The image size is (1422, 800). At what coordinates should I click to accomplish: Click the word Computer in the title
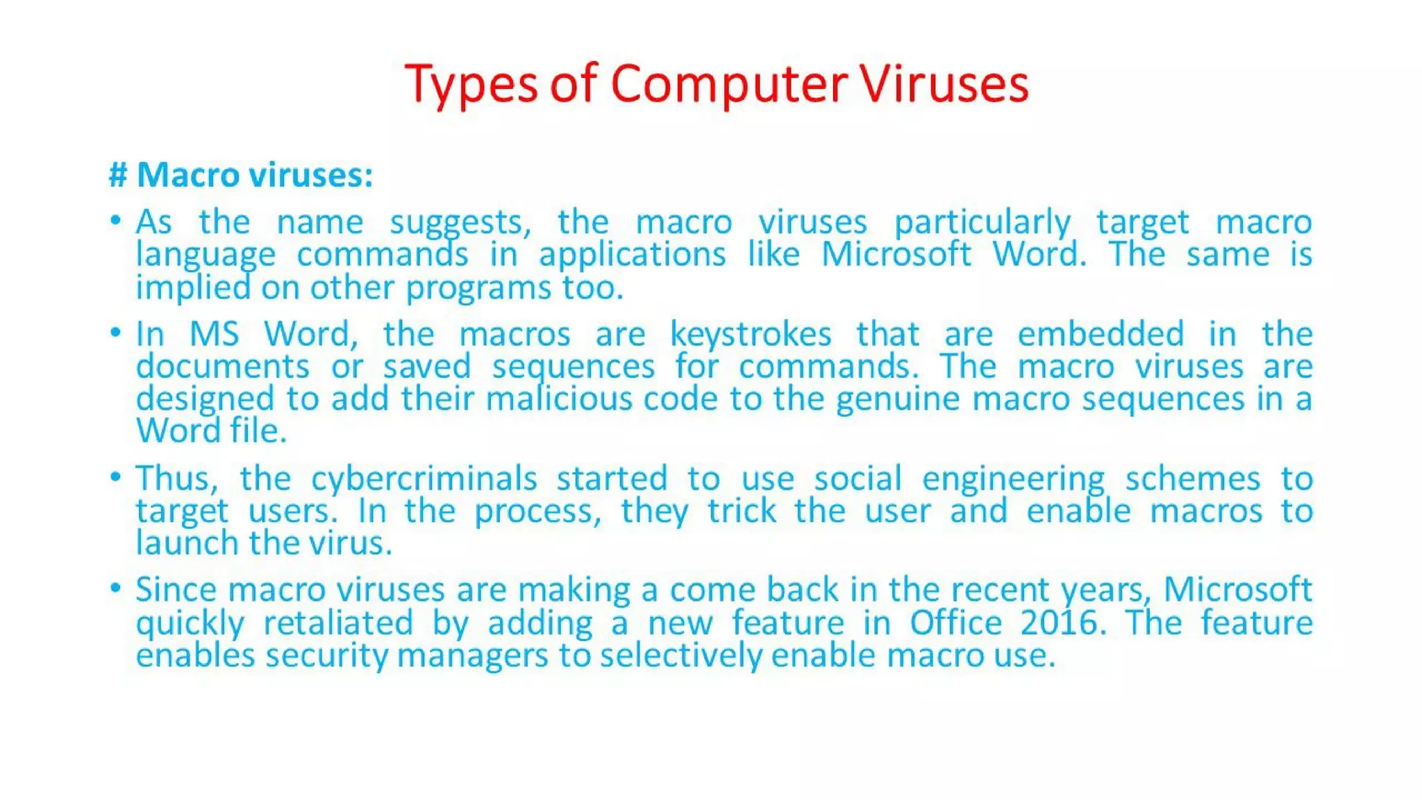click(729, 84)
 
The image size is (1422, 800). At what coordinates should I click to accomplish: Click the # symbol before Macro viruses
click(118, 174)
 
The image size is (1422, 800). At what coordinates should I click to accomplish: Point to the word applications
click(632, 255)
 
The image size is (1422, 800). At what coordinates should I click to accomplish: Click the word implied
click(192, 287)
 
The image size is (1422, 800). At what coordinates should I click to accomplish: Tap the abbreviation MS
click(214, 334)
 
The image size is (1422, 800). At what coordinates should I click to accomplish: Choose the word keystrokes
click(750, 334)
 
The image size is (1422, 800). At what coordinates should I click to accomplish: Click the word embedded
click(1101, 334)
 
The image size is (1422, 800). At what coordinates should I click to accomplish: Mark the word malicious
click(559, 399)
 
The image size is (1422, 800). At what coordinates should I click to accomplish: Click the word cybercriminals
click(424, 478)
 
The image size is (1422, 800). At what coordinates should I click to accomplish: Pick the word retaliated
click(338, 622)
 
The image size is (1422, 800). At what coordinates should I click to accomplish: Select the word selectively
click(680, 656)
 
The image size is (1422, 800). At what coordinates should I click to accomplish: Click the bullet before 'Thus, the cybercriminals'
click(116, 476)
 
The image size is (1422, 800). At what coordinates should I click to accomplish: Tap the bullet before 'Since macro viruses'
click(116, 588)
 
